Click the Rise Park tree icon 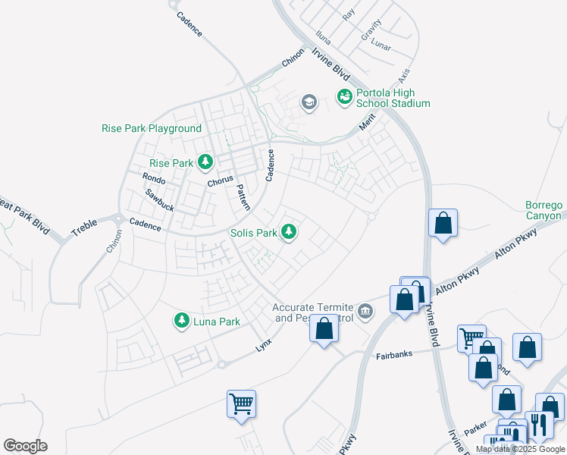point(205,162)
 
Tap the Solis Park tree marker point(288,231)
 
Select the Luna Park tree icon point(181,322)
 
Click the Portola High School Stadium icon point(345,96)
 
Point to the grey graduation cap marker point(309,102)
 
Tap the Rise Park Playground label point(152,129)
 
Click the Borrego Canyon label point(544,211)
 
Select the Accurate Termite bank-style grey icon point(365,311)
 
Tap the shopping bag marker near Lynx point(324,329)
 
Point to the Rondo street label point(154,178)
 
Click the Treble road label point(85,227)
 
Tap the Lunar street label point(381,45)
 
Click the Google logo point(25,446)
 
